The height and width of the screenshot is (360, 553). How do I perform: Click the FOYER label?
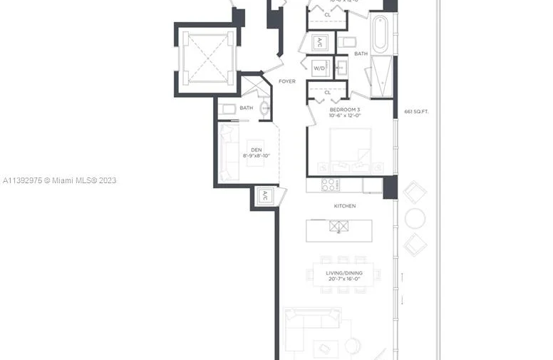286,81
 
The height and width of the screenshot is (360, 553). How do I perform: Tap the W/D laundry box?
319,68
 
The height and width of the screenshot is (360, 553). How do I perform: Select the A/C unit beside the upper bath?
321,42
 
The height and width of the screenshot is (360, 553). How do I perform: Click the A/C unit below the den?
264,195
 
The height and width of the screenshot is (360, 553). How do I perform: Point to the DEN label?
256,150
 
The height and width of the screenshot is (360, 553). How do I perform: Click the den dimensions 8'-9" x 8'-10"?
256,155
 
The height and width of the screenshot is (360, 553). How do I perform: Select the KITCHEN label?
345,206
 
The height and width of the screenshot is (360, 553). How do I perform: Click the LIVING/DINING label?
344,273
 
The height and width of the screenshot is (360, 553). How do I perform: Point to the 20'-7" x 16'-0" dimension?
344,279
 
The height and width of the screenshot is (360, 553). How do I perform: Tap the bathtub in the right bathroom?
380,34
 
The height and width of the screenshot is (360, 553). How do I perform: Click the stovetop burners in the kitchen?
331,185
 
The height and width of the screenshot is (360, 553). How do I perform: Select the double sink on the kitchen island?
339,227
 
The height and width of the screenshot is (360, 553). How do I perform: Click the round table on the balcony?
415,218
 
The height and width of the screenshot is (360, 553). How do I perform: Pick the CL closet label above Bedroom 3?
328,92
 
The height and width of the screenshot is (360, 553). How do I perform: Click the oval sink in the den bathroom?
264,108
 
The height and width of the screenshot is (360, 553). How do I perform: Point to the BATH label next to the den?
246,108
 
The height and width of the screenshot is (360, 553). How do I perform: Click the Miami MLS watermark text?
59,180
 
